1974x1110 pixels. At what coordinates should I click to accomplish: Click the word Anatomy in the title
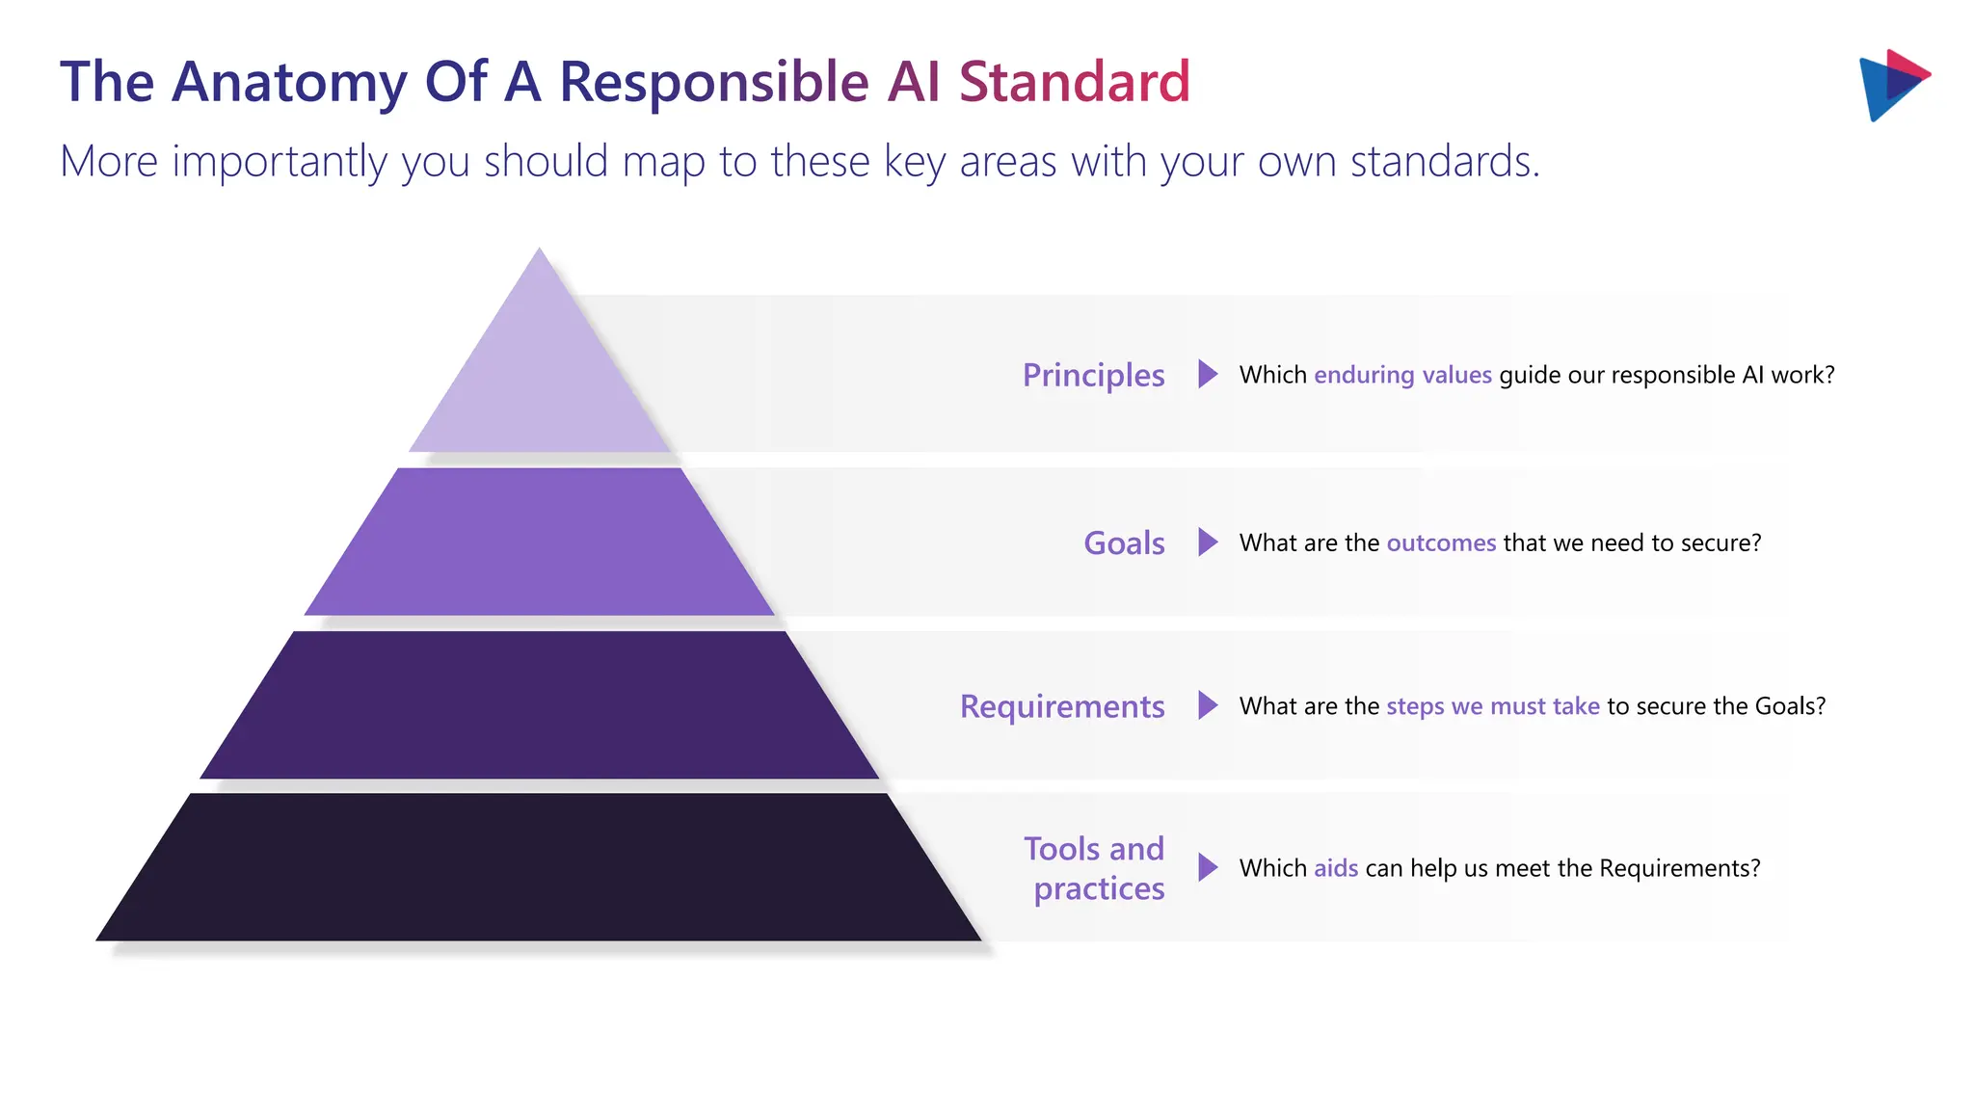tap(289, 83)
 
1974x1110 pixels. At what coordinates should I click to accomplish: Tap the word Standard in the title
tap(1074, 83)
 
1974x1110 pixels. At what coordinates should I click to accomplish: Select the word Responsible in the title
tap(713, 83)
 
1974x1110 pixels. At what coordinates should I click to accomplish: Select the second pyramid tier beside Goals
tap(540, 542)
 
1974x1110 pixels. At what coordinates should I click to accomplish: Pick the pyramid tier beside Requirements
tap(540, 705)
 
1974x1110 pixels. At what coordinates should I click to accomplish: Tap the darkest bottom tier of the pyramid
tap(540, 867)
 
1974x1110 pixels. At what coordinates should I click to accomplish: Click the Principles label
tap(1093, 375)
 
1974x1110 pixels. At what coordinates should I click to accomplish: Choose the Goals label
tap(1124, 543)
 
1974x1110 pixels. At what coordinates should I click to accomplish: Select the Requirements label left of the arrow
tap(1062, 706)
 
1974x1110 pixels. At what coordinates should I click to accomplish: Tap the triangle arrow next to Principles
tap(1207, 374)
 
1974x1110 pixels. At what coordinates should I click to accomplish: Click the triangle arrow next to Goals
tap(1207, 542)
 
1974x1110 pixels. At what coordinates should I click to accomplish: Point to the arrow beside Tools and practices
tap(1207, 867)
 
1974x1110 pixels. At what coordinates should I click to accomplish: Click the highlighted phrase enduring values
tap(1402, 375)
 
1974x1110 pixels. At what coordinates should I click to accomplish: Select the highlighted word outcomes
tap(1441, 543)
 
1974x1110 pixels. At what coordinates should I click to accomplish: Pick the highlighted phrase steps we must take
tap(1492, 706)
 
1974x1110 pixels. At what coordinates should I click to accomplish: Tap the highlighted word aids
tap(1336, 868)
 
